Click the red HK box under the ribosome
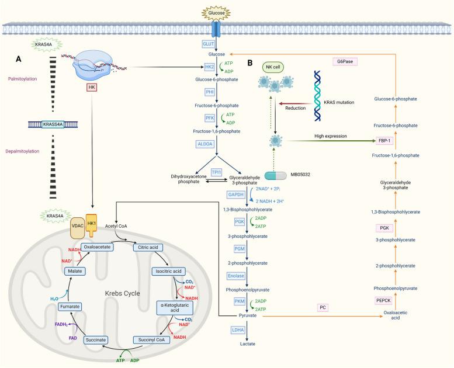click(x=91, y=87)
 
